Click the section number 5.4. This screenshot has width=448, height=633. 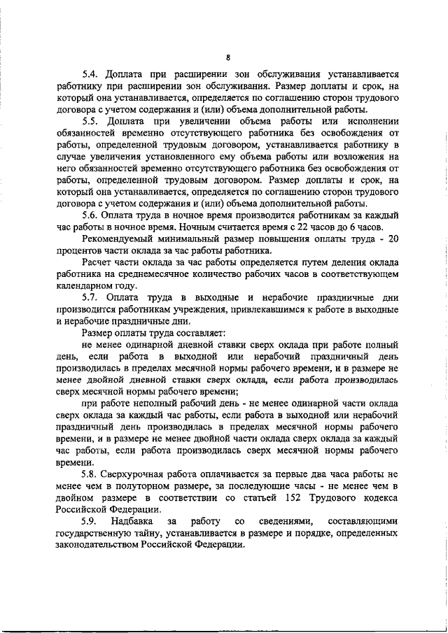point(90,73)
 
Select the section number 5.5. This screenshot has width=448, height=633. point(90,121)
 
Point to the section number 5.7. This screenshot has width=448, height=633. point(90,297)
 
